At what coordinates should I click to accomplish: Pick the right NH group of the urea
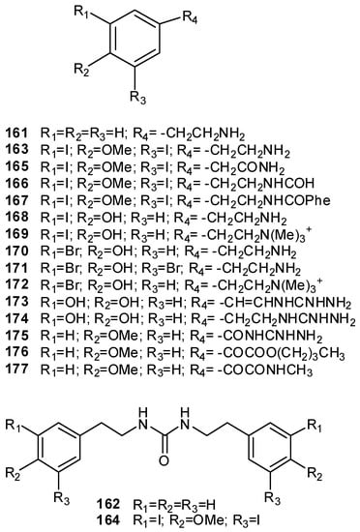click(x=206, y=417)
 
